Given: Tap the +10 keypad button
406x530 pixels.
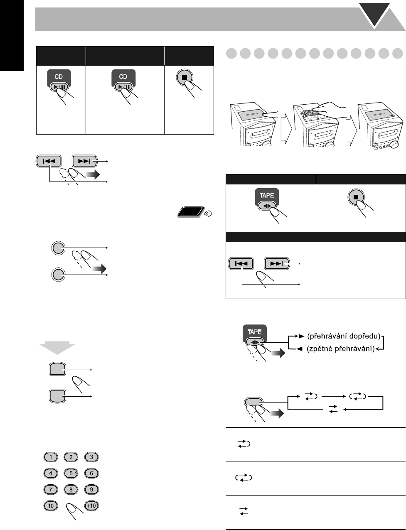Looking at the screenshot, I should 91,506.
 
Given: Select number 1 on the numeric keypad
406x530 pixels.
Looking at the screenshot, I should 51,457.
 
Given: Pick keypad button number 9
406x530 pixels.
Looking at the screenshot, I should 91,489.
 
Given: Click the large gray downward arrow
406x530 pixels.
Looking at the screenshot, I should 57,348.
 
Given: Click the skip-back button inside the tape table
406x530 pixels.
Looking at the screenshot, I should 241,263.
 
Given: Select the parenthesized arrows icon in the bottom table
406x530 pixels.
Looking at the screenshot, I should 243,478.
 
